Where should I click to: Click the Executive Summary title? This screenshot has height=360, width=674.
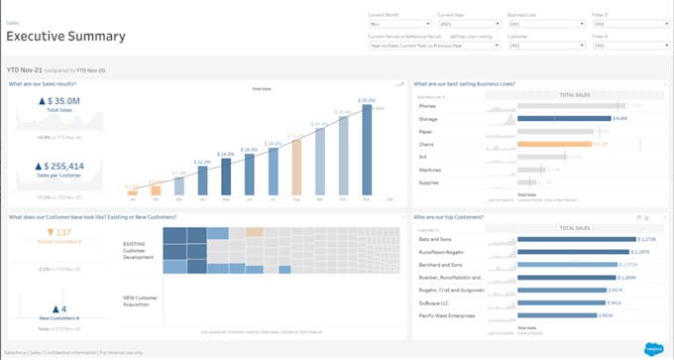[x=66, y=37]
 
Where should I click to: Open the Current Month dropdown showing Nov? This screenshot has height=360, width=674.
[x=399, y=23]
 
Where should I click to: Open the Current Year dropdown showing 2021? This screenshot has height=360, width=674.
[x=469, y=23]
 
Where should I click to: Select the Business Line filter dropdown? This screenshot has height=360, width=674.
[x=545, y=23]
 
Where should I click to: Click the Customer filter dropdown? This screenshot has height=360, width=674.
[x=545, y=45]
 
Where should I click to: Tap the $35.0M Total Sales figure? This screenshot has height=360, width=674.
[x=58, y=101]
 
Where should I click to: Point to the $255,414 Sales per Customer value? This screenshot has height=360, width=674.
[x=58, y=167]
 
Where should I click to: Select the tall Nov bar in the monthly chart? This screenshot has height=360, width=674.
[x=367, y=148]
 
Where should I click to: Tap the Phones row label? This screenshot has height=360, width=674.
[x=427, y=105]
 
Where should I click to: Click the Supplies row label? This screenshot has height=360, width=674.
[x=429, y=182]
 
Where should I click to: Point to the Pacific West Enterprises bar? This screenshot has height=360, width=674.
[x=556, y=315]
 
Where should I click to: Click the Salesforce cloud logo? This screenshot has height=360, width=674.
[x=653, y=349]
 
